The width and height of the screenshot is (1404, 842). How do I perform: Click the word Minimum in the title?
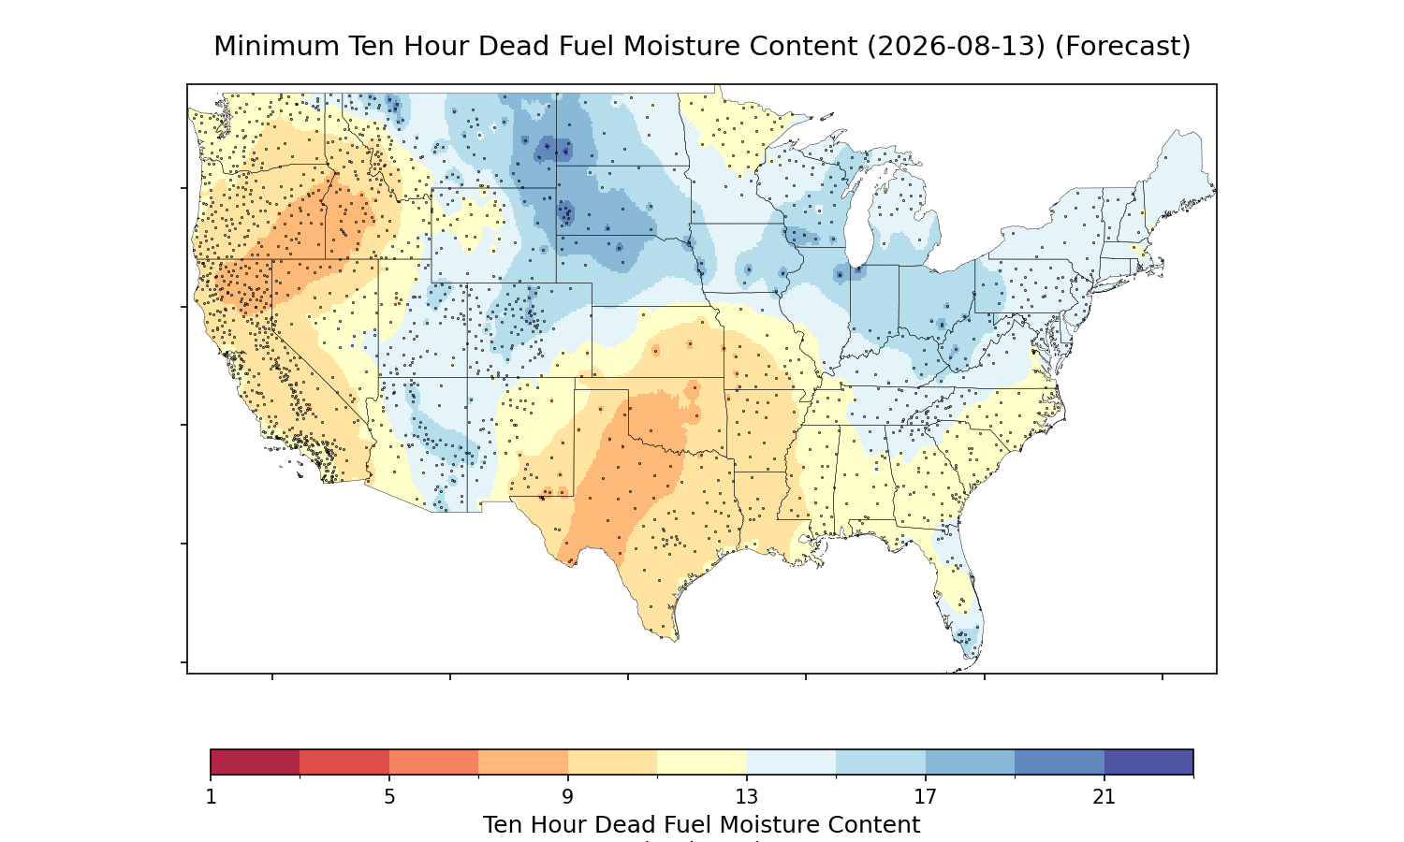click(x=276, y=47)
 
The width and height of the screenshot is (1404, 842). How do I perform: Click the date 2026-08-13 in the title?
click(x=957, y=47)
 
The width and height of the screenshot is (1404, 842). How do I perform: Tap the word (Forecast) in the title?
click(x=1122, y=47)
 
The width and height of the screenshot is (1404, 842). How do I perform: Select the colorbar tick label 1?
click(x=212, y=797)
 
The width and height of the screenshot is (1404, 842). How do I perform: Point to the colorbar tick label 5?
click(x=389, y=797)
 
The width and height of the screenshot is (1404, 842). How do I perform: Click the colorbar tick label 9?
click(x=568, y=797)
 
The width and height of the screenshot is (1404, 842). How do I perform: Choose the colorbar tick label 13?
click(x=747, y=797)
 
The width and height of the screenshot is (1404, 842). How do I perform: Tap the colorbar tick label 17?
click(x=925, y=797)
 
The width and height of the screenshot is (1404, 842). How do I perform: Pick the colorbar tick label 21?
click(x=1104, y=797)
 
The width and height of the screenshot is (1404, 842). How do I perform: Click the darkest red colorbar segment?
click(x=256, y=762)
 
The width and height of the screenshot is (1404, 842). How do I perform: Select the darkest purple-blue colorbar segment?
click(x=1148, y=762)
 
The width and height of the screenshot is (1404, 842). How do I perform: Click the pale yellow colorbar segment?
click(x=702, y=762)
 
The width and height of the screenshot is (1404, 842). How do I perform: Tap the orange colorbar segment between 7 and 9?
click(x=523, y=762)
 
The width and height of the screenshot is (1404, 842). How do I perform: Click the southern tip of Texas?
click(x=675, y=640)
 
